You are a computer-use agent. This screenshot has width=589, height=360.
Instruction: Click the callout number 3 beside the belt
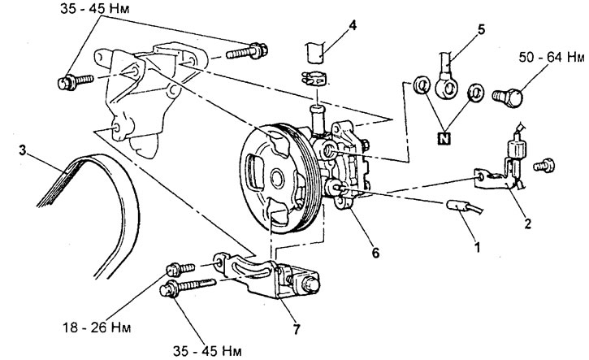pos(23,151)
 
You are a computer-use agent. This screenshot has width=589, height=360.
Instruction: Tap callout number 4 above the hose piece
pos(353,26)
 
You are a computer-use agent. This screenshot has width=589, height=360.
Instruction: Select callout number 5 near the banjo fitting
pos(481,30)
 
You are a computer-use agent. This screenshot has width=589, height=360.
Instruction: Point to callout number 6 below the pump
pos(375,253)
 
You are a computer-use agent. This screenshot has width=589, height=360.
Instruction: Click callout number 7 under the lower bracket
pos(297,330)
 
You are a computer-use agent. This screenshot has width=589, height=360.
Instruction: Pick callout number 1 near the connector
pos(478,247)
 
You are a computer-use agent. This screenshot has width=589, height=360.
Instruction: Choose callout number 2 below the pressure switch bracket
pos(528,224)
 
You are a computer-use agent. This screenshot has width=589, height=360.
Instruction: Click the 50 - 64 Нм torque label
pos(552,58)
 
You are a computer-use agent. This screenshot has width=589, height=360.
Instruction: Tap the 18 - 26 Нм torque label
pos(97,327)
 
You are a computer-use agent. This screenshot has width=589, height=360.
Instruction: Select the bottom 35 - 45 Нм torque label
pos(207,351)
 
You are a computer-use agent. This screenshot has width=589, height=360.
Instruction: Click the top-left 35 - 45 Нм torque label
pos(95,9)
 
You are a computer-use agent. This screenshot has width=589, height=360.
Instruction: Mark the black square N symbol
pos(444,138)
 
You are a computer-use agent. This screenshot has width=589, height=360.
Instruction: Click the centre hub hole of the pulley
pos(277,179)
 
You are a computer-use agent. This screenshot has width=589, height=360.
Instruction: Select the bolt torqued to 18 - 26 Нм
pos(180,269)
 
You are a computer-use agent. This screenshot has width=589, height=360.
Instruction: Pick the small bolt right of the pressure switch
pos(544,165)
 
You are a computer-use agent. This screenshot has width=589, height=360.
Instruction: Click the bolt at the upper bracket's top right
pos(247,52)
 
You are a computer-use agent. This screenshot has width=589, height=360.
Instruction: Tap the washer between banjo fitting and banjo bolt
pos(475,92)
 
